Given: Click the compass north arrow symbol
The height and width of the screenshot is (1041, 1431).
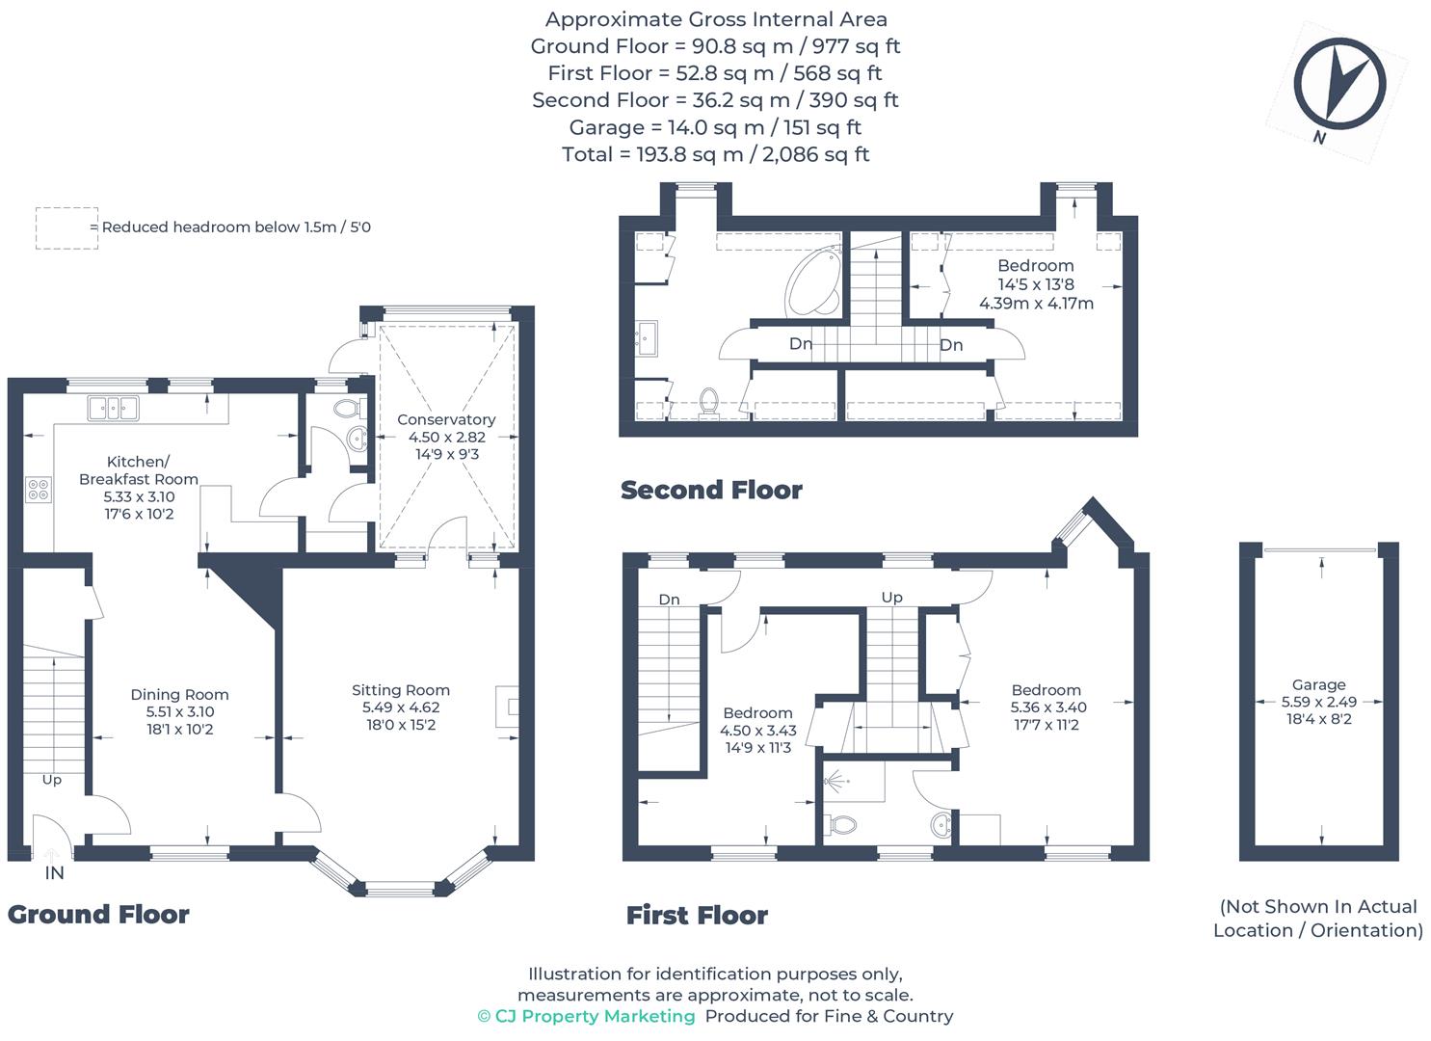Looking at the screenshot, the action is pyautogui.click(x=1339, y=85).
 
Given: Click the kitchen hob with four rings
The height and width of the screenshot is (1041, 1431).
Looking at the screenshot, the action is pyautogui.click(x=39, y=490).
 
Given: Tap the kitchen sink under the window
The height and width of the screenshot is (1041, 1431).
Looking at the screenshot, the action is pyautogui.click(x=113, y=409).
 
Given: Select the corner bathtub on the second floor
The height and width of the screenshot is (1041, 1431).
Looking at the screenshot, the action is pyautogui.click(x=814, y=282).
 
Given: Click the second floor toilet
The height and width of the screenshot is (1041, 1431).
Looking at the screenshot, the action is pyautogui.click(x=708, y=404).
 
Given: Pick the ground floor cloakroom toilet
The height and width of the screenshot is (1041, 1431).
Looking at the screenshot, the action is pyautogui.click(x=349, y=408).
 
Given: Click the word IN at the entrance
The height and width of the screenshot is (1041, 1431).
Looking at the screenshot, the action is pyautogui.click(x=54, y=873).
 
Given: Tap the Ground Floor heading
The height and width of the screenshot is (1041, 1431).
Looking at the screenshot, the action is pyautogui.click(x=98, y=915).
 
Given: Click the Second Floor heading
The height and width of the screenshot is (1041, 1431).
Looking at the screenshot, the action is pyautogui.click(x=711, y=491).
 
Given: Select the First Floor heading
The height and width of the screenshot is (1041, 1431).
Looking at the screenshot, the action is pyautogui.click(x=697, y=916).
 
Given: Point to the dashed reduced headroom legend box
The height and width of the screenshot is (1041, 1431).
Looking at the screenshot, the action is pyautogui.click(x=67, y=228).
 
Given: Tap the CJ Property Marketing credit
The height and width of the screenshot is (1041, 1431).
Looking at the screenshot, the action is pyautogui.click(x=587, y=1016).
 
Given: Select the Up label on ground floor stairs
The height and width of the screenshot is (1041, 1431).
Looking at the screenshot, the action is pyautogui.click(x=52, y=781).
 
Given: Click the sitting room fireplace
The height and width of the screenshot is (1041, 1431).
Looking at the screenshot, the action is pyautogui.click(x=507, y=707).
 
